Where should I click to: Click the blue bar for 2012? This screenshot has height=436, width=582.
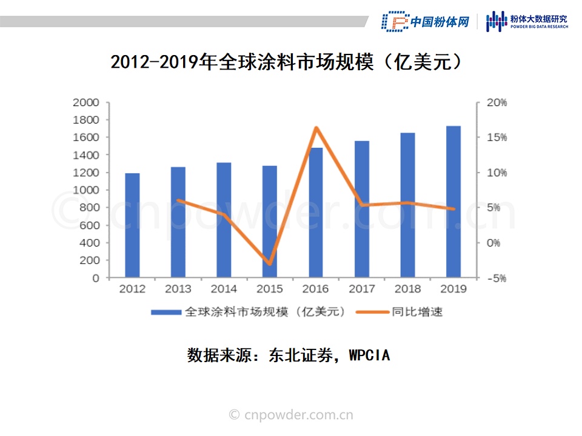click(132, 225)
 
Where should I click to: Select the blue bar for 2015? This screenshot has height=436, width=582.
click(270, 222)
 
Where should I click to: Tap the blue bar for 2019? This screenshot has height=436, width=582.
click(453, 202)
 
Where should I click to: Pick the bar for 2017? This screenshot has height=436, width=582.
click(361, 209)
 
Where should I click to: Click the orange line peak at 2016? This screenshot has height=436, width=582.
click(316, 128)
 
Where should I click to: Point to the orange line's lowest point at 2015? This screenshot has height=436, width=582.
click(270, 264)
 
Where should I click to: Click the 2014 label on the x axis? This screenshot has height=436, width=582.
click(224, 289)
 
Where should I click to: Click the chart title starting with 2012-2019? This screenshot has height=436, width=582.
click(291, 62)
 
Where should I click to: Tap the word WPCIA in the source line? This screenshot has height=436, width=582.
click(369, 355)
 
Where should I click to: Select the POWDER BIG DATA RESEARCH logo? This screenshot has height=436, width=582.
click(528, 22)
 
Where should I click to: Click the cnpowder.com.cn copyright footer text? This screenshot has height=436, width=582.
click(291, 415)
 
